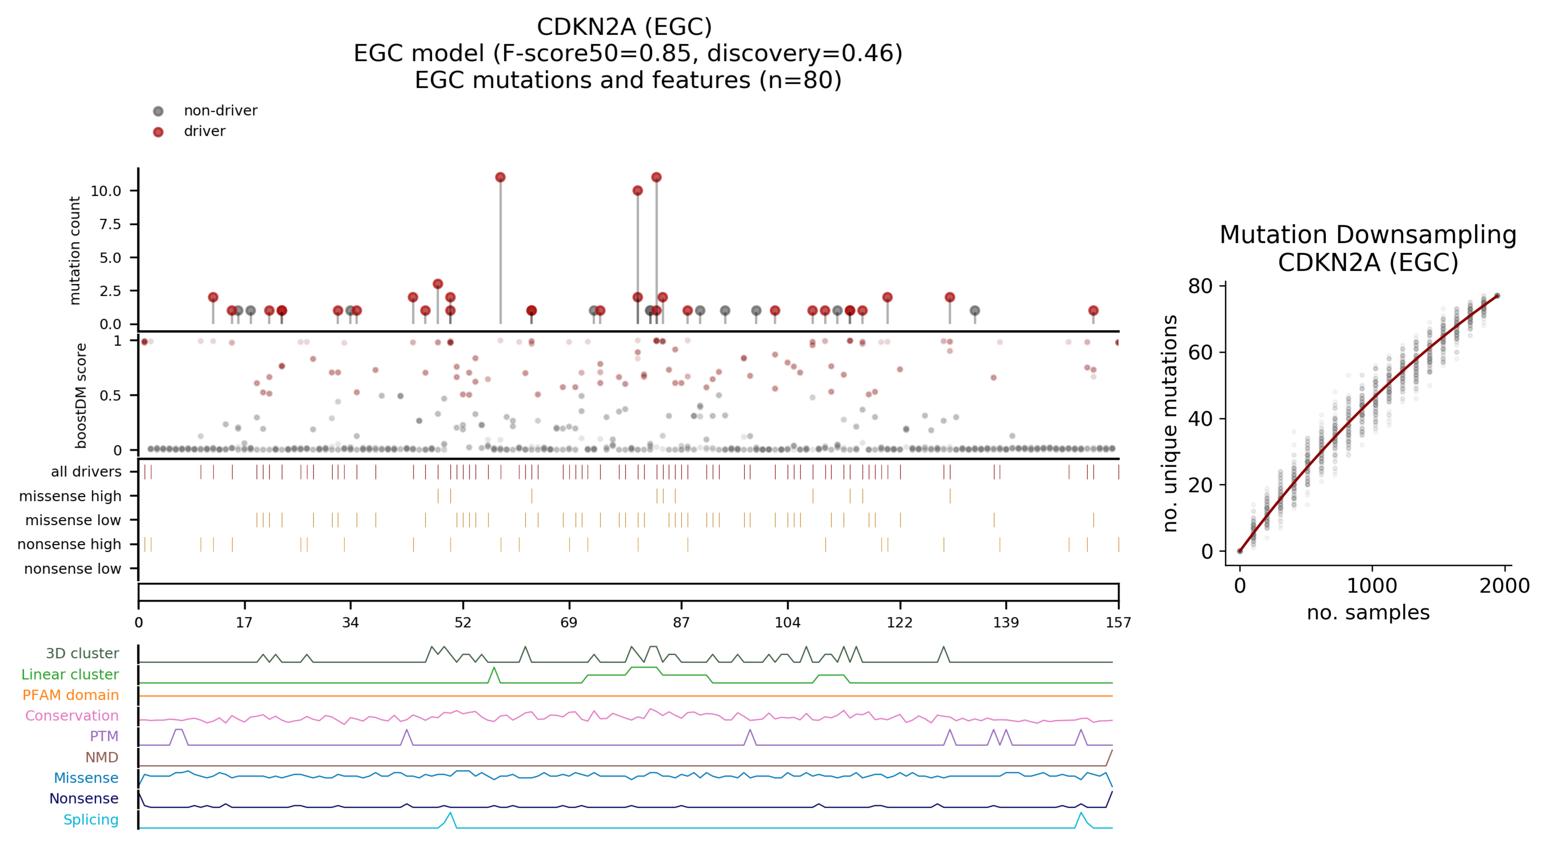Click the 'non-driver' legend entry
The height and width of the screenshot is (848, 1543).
(x=220, y=111)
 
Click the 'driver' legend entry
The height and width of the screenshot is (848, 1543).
(x=204, y=131)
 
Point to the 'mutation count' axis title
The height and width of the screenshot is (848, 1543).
(x=75, y=250)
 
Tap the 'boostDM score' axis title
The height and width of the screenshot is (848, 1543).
(x=81, y=395)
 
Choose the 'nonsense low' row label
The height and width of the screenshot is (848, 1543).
(x=73, y=568)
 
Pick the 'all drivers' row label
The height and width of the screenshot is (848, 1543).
(x=86, y=472)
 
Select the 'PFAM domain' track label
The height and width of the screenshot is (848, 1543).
(x=71, y=695)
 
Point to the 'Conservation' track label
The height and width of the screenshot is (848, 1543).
(x=72, y=716)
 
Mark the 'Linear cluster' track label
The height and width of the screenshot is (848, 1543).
(x=70, y=674)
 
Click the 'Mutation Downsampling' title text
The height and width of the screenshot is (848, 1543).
(x=1368, y=235)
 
